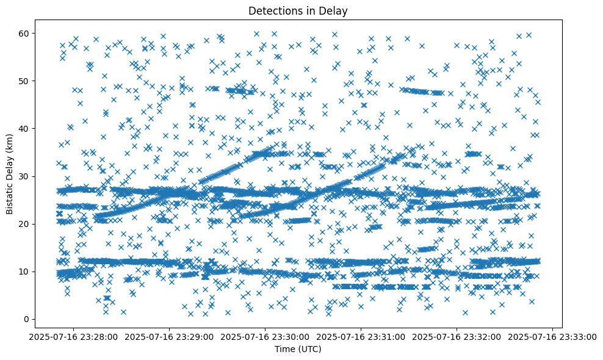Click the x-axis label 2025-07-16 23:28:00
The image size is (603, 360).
(x=74, y=336)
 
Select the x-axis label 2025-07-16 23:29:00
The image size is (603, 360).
(x=170, y=336)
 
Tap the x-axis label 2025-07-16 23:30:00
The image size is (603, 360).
(x=266, y=336)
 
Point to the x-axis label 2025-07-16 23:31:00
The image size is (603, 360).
(x=361, y=336)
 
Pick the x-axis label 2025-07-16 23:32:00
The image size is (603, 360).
(x=457, y=336)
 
